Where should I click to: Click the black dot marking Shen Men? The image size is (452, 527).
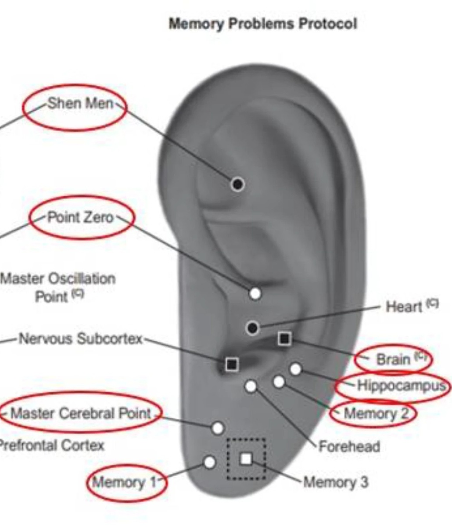point(237,184)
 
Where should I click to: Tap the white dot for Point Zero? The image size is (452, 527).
point(255,293)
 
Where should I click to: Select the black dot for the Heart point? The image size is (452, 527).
point(252,327)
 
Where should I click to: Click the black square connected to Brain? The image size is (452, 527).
point(284,338)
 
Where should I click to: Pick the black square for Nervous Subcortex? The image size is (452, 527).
point(232,364)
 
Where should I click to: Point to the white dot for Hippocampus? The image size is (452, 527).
point(296,369)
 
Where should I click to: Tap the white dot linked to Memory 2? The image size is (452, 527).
point(279,382)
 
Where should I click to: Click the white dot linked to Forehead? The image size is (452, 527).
point(251,386)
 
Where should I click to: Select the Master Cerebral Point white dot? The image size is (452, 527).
point(218,428)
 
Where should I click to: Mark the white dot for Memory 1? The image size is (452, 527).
point(210,462)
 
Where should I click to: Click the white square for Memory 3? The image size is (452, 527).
point(246,459)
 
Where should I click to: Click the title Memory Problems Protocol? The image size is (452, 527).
point(262,24)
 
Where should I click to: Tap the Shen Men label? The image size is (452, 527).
point(80,104)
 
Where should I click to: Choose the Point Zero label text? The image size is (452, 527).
point(80,217)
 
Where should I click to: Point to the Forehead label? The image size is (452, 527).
point(349,447)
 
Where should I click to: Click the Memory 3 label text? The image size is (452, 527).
point(336,482)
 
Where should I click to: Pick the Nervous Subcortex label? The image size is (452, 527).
point(81,339)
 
